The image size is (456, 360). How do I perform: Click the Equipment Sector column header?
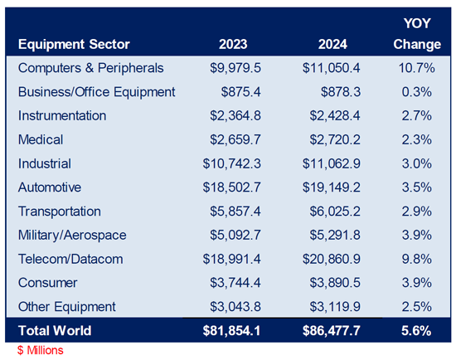[x=74, y=45]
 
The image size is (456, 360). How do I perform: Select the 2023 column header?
[x=233, y=45]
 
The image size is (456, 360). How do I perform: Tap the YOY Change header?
[x=417, y=34]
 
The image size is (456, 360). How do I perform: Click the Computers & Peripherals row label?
[x=90, y=68]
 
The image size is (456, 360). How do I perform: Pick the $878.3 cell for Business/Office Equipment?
[x=341, y=92]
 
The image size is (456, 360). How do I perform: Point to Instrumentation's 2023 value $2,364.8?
[x=235, y=116]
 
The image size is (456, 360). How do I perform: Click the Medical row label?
[x=41, y=139]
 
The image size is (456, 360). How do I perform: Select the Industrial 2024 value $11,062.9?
[x=332, y=163]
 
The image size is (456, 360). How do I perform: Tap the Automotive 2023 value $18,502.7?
[x=232, y=187]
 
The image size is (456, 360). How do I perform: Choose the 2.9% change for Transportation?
[x=417, y=212]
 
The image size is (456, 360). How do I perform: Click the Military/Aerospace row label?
[x=72, y=235]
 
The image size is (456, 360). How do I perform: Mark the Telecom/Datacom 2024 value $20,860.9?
[x=332, y=259]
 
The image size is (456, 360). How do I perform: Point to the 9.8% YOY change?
[x=417, y=259]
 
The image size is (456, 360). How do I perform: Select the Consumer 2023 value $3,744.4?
[x=235, y=283]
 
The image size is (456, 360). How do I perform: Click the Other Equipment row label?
[x=67, y=307]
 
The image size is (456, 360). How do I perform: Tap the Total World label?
[x=55, y=331]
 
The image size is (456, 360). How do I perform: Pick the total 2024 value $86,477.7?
[x=332, y=331]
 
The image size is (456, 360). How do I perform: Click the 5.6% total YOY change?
[x=416, y=331]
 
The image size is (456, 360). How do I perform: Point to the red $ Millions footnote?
[x=40, y=350]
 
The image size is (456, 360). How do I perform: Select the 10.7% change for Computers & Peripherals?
[x=417, y=68]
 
